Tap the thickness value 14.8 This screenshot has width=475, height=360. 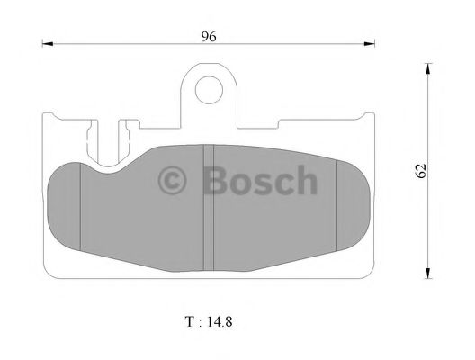tap(220, 319)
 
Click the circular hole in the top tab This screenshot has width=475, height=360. tap(210, 88)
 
